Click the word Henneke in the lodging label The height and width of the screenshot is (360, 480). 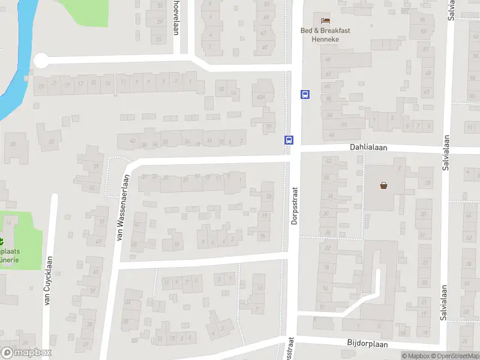tap(326, 40)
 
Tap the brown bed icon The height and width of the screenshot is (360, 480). tap(325, 21)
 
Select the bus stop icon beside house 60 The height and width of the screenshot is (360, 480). tap(305, 94)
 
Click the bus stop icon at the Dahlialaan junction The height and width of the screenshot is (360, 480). tap(289, 140)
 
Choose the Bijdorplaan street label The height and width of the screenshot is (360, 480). tap(367, 344)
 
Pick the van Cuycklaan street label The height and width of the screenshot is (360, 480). tap(47, 281)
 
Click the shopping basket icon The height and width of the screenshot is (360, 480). tap(383, 185)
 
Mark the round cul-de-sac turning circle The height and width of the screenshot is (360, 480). tap(41, 61)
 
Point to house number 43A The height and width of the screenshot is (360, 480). tap(261, 98)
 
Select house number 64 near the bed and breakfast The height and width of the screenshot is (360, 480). tap(328, 60)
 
